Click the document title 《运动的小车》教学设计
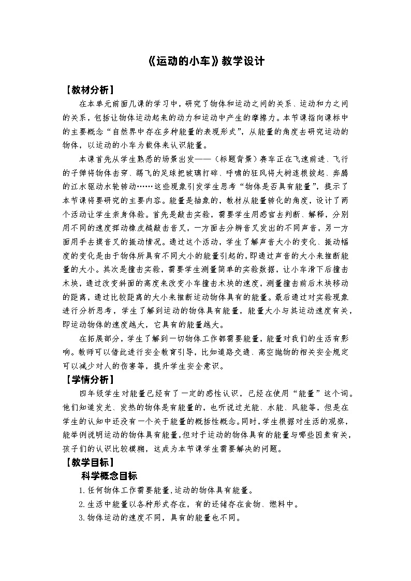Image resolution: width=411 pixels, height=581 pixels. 205,61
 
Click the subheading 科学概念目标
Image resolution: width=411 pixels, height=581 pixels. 109,476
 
